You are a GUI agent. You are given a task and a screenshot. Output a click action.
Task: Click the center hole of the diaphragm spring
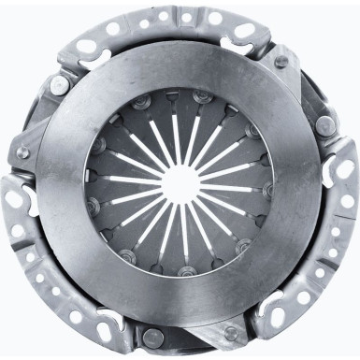coord(180,179)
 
